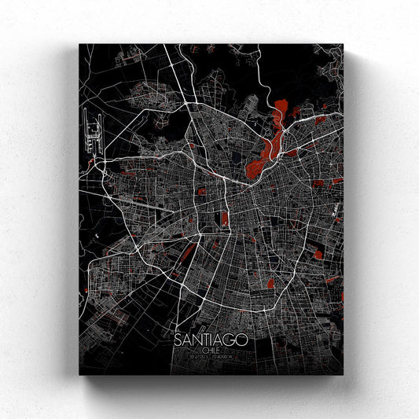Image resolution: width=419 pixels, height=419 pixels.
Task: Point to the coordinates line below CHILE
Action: click(x=210, y=358)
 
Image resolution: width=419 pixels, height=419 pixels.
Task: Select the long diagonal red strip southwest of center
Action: click(x=186, y=253)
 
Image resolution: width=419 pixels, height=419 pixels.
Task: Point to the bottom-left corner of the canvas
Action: click(x=79, y=375)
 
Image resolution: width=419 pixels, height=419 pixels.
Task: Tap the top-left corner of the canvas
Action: click(x=79, y=44)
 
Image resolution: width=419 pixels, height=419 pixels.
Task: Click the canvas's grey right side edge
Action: click(x=346, y=212)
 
